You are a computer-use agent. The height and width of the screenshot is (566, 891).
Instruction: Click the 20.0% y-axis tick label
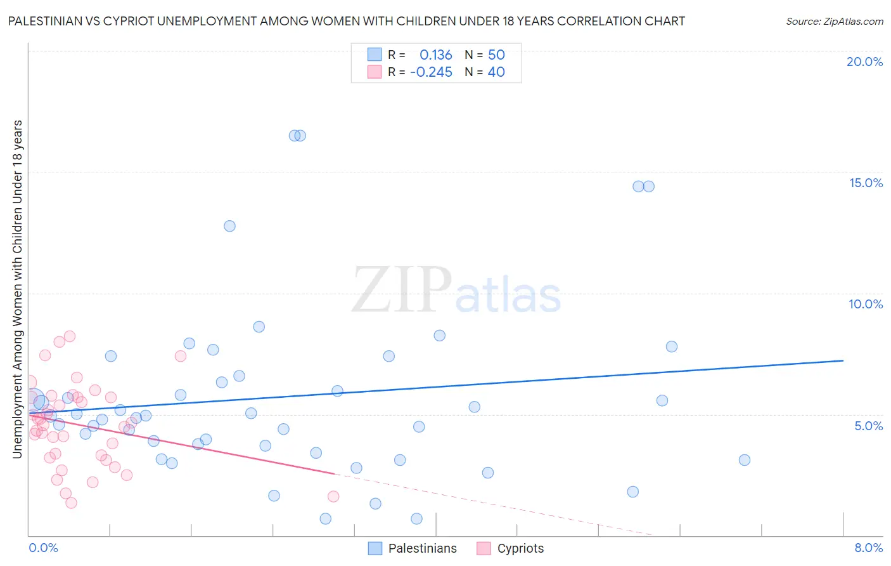(x=864, y=62)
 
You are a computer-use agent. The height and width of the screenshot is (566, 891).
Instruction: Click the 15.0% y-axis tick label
(x=866, y=183)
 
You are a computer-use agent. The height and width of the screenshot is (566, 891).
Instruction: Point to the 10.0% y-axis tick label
(x=866, y=304)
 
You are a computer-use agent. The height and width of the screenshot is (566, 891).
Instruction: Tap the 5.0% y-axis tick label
(x=868, y=426)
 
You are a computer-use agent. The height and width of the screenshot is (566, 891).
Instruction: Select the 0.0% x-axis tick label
(x=43, y=548)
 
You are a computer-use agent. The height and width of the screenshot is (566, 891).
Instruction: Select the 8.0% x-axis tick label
(x=868, y=548)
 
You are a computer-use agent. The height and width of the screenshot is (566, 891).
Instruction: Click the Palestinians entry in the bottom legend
(x=422, y=548)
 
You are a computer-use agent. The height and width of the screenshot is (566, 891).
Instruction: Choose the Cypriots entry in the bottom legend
(x=520, y=548)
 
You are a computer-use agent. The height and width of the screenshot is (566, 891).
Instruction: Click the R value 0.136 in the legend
(x=436, y=55)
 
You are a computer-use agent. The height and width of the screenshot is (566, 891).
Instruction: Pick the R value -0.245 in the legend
(x=432, y=72)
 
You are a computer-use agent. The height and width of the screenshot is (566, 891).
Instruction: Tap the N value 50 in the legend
(x=496, y=55)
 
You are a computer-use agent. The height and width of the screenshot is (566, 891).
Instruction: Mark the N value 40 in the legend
(x=496, y=72)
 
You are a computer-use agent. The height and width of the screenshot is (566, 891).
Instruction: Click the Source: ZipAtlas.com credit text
(x=834, y=21)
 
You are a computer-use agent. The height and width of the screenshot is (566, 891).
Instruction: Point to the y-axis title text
(x=17, y=289)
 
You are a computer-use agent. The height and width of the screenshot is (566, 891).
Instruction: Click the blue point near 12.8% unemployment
(x=229, y=226)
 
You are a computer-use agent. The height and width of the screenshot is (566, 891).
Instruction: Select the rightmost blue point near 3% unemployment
(x=745, y=460)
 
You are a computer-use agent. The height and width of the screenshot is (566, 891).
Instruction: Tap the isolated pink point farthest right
(x=333, y=496)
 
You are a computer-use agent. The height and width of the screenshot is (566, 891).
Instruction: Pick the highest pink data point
(x=70, y=336)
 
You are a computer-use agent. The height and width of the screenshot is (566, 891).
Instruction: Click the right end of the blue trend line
(x=843, y=360)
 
